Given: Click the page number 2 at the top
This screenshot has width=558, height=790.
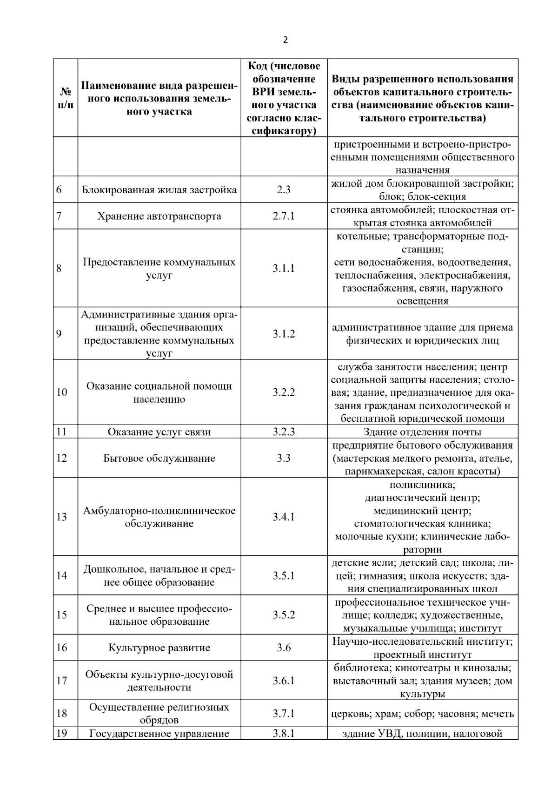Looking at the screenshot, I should tap(285, 40).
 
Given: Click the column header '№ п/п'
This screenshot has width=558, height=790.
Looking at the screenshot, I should tap(66, 98).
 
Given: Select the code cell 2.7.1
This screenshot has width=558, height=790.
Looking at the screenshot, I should tap(284, 216).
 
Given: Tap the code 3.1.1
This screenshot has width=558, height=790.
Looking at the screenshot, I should tap(284, 268).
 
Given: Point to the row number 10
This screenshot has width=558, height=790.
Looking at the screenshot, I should tap(62, 392).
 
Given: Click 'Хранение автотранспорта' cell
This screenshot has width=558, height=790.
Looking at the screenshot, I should tap(159, 216).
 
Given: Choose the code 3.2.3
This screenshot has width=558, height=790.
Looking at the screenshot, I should tap(284, 432).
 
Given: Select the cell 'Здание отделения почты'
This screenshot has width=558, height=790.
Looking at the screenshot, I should tap(422, 432).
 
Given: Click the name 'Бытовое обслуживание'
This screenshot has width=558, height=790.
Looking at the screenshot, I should tap(159, 458).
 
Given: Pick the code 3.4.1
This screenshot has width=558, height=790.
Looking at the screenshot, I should tap(284, 517).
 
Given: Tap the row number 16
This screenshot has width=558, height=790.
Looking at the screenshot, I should tap(62, 648).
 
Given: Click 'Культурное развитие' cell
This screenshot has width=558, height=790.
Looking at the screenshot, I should tap(159, 648).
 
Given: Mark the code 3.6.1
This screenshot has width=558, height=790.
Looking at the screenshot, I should tap(284, 681).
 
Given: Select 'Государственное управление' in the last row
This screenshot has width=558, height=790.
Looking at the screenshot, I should tap(159, 734).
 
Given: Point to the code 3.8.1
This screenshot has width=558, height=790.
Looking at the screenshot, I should tap(284, 734).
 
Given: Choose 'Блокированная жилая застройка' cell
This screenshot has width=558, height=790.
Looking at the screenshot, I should tap(159, 190).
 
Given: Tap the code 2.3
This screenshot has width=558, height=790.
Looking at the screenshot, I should tap(284, 190).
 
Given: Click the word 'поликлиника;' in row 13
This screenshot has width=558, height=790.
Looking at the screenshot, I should tap(422, 485).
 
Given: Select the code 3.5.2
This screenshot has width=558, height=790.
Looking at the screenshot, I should tap(284, 614).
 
